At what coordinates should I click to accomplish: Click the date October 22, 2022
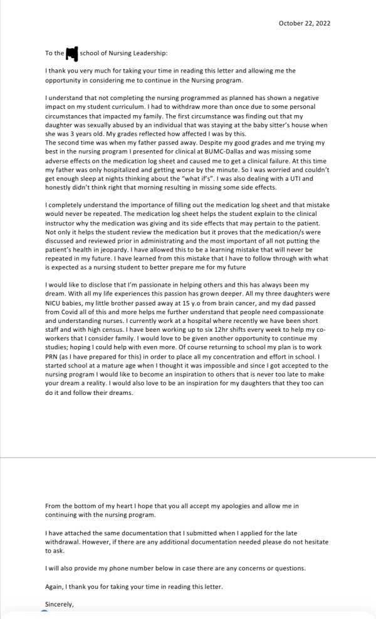click(x=304, y=23)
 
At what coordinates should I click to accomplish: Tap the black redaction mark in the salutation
click(x=71, y=54)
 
